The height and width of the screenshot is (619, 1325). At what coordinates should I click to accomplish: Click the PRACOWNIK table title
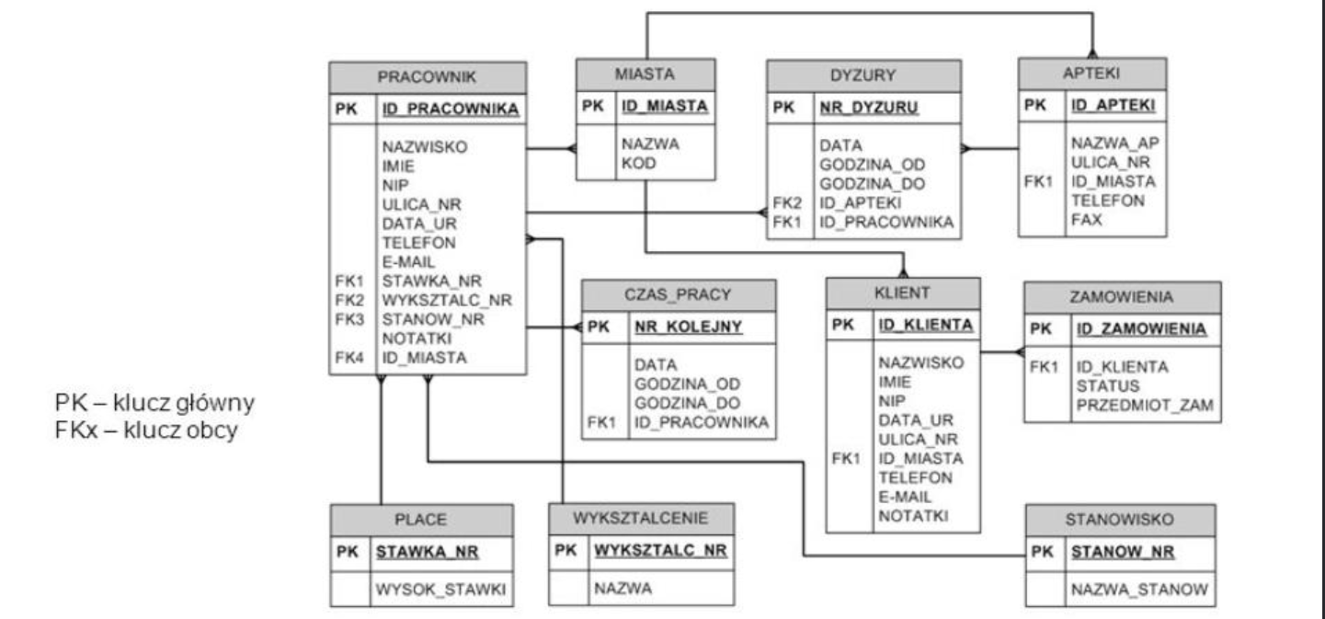427,77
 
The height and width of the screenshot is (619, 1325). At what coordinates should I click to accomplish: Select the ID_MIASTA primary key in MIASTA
664,106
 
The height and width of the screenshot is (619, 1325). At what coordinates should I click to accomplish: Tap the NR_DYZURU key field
868,107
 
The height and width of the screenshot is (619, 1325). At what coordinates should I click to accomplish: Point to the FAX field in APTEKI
1086,220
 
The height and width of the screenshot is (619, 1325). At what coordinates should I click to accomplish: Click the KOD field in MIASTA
638,164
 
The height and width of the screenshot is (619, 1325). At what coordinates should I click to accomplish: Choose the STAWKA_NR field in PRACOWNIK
431,281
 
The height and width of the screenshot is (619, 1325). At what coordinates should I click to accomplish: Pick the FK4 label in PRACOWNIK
349,358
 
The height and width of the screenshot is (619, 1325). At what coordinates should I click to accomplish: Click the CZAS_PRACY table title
678,294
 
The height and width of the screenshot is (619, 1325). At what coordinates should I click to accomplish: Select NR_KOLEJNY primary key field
688,327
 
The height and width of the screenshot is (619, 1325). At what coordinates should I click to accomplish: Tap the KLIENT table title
902,292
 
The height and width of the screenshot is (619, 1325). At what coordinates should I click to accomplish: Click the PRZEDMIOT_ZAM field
1145,406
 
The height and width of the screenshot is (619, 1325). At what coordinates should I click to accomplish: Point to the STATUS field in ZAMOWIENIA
1107,386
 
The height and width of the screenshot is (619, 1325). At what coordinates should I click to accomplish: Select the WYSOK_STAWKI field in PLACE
440,590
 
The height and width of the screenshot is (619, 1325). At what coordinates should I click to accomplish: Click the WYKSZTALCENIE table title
640,519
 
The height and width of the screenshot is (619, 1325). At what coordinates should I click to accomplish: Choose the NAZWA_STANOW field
1139,590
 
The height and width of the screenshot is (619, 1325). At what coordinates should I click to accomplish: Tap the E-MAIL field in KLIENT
905,497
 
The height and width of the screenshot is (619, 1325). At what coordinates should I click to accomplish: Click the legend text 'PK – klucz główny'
154,403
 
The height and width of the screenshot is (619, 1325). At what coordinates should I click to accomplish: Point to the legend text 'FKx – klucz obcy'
146,430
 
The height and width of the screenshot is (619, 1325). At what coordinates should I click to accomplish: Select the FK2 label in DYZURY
787,203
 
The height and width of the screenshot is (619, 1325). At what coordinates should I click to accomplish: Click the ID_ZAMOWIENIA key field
1141,329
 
